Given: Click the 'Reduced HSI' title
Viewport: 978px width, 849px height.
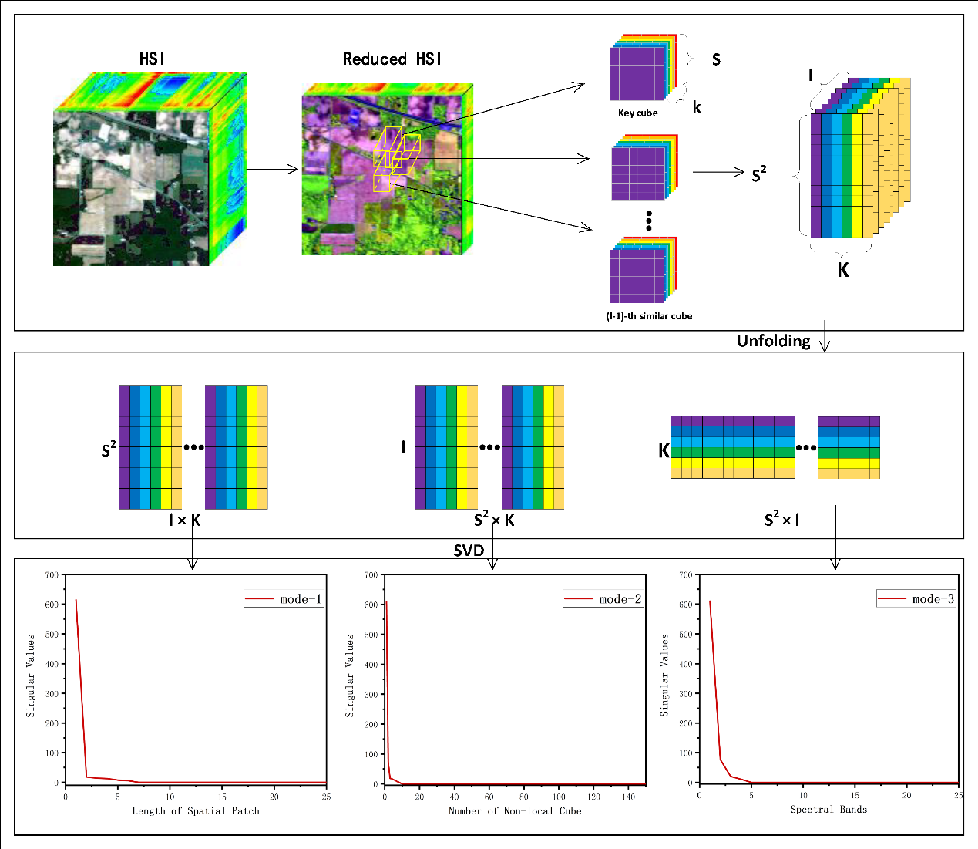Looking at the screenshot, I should click(392, 59).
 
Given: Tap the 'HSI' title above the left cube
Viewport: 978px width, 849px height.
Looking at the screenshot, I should click(152, 59).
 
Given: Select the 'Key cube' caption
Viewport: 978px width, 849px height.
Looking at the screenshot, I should click(637, 113).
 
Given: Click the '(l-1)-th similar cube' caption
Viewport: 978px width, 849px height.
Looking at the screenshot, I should click(649, 316).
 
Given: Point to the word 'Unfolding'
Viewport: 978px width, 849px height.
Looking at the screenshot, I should click(774, 341).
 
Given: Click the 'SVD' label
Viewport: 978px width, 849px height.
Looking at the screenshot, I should click(469, 551).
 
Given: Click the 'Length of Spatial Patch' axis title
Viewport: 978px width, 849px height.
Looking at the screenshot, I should click(196, 810).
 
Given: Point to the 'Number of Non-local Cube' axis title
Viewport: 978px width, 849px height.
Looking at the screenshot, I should click(515, 810).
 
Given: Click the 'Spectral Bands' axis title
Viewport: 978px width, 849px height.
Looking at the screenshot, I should click(828, 809).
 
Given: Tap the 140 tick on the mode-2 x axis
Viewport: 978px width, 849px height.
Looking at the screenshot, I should click(629, 797).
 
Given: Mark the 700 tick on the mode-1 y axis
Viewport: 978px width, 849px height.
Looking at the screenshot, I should click(52, 574).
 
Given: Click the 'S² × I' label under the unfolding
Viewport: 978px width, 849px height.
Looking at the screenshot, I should click(781, 521).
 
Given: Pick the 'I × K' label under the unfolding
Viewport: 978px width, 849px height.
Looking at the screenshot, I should click(185, 521).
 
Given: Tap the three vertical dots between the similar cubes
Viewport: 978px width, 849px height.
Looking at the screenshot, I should click(649, 221).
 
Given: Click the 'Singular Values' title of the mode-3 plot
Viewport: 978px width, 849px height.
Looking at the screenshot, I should click(664, 675).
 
